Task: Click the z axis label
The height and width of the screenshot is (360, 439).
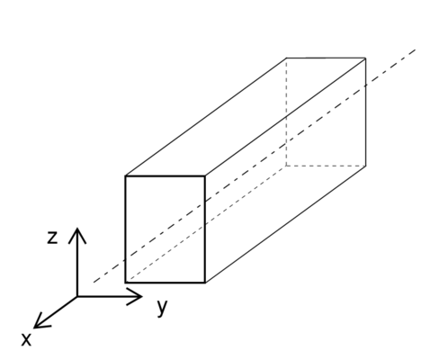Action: coord(52,238)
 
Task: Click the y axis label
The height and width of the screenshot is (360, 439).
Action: coord(162,307)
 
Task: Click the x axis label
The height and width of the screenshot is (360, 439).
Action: coord(26,340)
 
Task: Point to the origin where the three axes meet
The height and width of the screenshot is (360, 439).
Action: coord(77,296)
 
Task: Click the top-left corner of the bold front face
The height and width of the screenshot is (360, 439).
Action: coord(126,176)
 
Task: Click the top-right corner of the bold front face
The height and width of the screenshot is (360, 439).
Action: coord(205,176)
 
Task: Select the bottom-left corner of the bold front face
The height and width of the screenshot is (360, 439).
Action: coord(126,283)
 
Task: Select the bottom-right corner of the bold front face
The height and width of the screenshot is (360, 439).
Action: coord(205,283)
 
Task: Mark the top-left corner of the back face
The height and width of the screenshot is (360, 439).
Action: coord(286,58)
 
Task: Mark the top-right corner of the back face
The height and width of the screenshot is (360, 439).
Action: coord(365,58)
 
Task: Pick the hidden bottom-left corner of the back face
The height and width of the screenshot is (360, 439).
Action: coord(286,166)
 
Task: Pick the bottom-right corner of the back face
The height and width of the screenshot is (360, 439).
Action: coord(365,166)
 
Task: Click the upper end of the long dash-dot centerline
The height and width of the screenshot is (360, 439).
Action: coord(416,49)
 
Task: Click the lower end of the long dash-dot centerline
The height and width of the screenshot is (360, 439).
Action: coord(94,282)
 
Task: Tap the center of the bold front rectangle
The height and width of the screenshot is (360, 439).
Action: coord(166,229)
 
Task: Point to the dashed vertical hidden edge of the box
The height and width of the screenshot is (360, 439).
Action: coord(286,112)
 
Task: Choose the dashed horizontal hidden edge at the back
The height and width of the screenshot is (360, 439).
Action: coord(326,166)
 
